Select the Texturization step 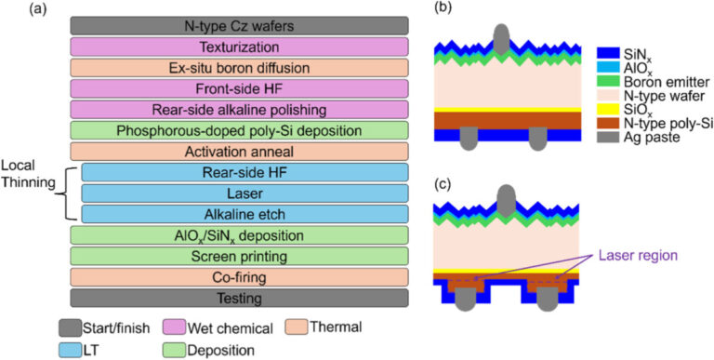click(x=239, y=47)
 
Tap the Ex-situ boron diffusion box click(x=239, y=68)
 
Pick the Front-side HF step click(x=239, y=88)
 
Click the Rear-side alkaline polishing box click(x=239, y=110)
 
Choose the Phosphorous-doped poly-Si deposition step click(x=239, y=130)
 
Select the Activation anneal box click(x=239, y=152)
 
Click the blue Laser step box click(x=245, y=193)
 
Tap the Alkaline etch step click(x=245, y=214)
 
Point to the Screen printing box click(x=239, y=256)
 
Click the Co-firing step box click(x=239, y=277)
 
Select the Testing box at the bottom click(x=239, y=298)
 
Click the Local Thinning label click(x=29, y=185)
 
